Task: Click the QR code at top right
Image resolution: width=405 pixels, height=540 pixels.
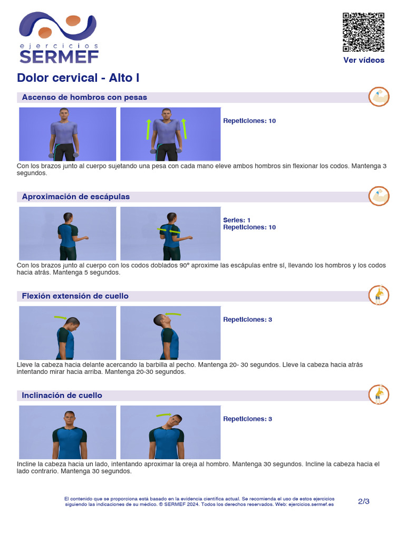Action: click(x=363, y=32)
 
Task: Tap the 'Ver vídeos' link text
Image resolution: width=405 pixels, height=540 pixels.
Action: click(x=363, y=60)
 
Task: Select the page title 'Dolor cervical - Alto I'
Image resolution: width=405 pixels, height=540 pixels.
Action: click(x=78, y=78)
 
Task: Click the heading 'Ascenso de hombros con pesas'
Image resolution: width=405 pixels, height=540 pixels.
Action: click(x=84, y=98)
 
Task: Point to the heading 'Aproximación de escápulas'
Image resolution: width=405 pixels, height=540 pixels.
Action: click(x=75, y=197)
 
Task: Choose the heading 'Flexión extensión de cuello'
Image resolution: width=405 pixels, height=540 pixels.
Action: click(x=75, y=296)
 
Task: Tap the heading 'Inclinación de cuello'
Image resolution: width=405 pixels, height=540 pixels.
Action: click(x=62, y=396)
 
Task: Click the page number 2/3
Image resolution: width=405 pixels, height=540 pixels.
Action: click(x=363, y=502)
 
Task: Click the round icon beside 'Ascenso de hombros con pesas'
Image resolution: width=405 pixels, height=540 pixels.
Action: click(x=379, y=97)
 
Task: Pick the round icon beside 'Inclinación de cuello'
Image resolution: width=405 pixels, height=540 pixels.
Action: click(x=379, y=394)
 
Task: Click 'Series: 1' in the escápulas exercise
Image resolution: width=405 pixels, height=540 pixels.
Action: click(x=237, y=220)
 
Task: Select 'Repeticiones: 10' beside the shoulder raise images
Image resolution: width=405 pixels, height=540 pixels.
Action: click(x=249, y=121)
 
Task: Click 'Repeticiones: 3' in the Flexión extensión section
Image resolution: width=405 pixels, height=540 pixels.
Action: click(x=247, y=320)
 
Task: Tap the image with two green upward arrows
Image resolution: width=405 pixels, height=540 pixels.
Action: click(x=170, y=134)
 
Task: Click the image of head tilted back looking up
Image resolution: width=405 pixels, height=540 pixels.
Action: click(x=170, y=333)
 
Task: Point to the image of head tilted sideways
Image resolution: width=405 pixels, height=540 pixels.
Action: click(x=170, y=432)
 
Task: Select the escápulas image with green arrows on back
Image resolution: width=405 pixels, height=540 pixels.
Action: click(x=170, y=234)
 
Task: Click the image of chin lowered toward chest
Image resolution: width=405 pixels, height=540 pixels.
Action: click(x=67, y=333)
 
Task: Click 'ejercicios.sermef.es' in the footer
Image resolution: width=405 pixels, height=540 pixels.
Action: click(x=312, y=505)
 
